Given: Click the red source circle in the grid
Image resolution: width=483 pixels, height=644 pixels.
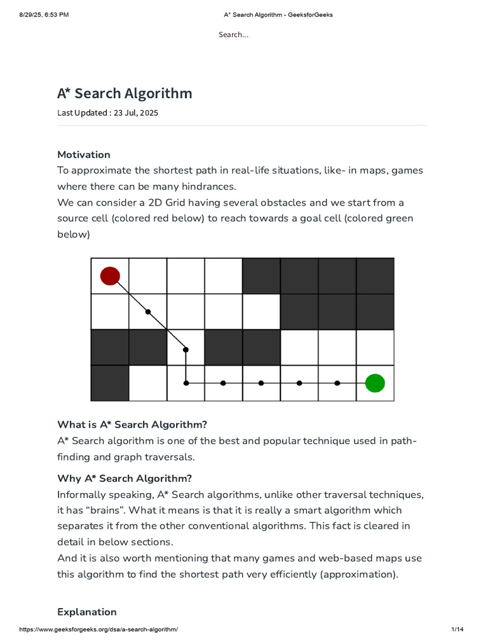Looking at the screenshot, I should [x=110, y=275].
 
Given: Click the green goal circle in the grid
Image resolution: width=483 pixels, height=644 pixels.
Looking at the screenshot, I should [x=375, y=382].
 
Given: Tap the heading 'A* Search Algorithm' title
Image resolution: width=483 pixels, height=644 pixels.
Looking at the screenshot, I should [x=125, y=94].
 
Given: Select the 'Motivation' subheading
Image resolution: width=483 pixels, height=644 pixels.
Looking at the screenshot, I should [x=84, y=155].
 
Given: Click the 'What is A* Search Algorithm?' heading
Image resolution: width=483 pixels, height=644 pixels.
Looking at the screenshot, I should [x=132, y=425].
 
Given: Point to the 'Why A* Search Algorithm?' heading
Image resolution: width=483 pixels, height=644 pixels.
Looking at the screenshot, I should [x=125, y=478].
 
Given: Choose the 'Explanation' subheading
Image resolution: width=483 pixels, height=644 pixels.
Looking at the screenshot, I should [x=87, y=612].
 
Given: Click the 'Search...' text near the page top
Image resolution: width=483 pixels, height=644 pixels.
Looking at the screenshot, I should [x=233, y=35].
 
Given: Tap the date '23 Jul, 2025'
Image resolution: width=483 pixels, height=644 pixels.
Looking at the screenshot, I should [x=136, y=113].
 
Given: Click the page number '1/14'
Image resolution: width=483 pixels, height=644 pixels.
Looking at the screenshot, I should [x=457, y=630].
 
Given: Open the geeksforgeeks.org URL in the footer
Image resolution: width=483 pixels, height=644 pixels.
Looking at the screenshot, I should [x=99, y=630].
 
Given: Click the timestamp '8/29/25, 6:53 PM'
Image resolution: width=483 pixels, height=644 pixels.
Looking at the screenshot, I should [x=44, y=15].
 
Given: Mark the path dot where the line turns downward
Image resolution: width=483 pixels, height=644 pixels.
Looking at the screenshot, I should [x=186, y=350].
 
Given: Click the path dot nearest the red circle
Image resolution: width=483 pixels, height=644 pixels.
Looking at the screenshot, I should [x=148, y=311].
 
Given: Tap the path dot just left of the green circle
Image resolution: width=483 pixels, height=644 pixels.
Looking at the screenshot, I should [x=337, y=382].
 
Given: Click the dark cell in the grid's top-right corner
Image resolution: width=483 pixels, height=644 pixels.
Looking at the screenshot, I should [x=375, y=275].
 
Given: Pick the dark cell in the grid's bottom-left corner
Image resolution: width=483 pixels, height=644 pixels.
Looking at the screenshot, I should [x=110, y=382].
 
